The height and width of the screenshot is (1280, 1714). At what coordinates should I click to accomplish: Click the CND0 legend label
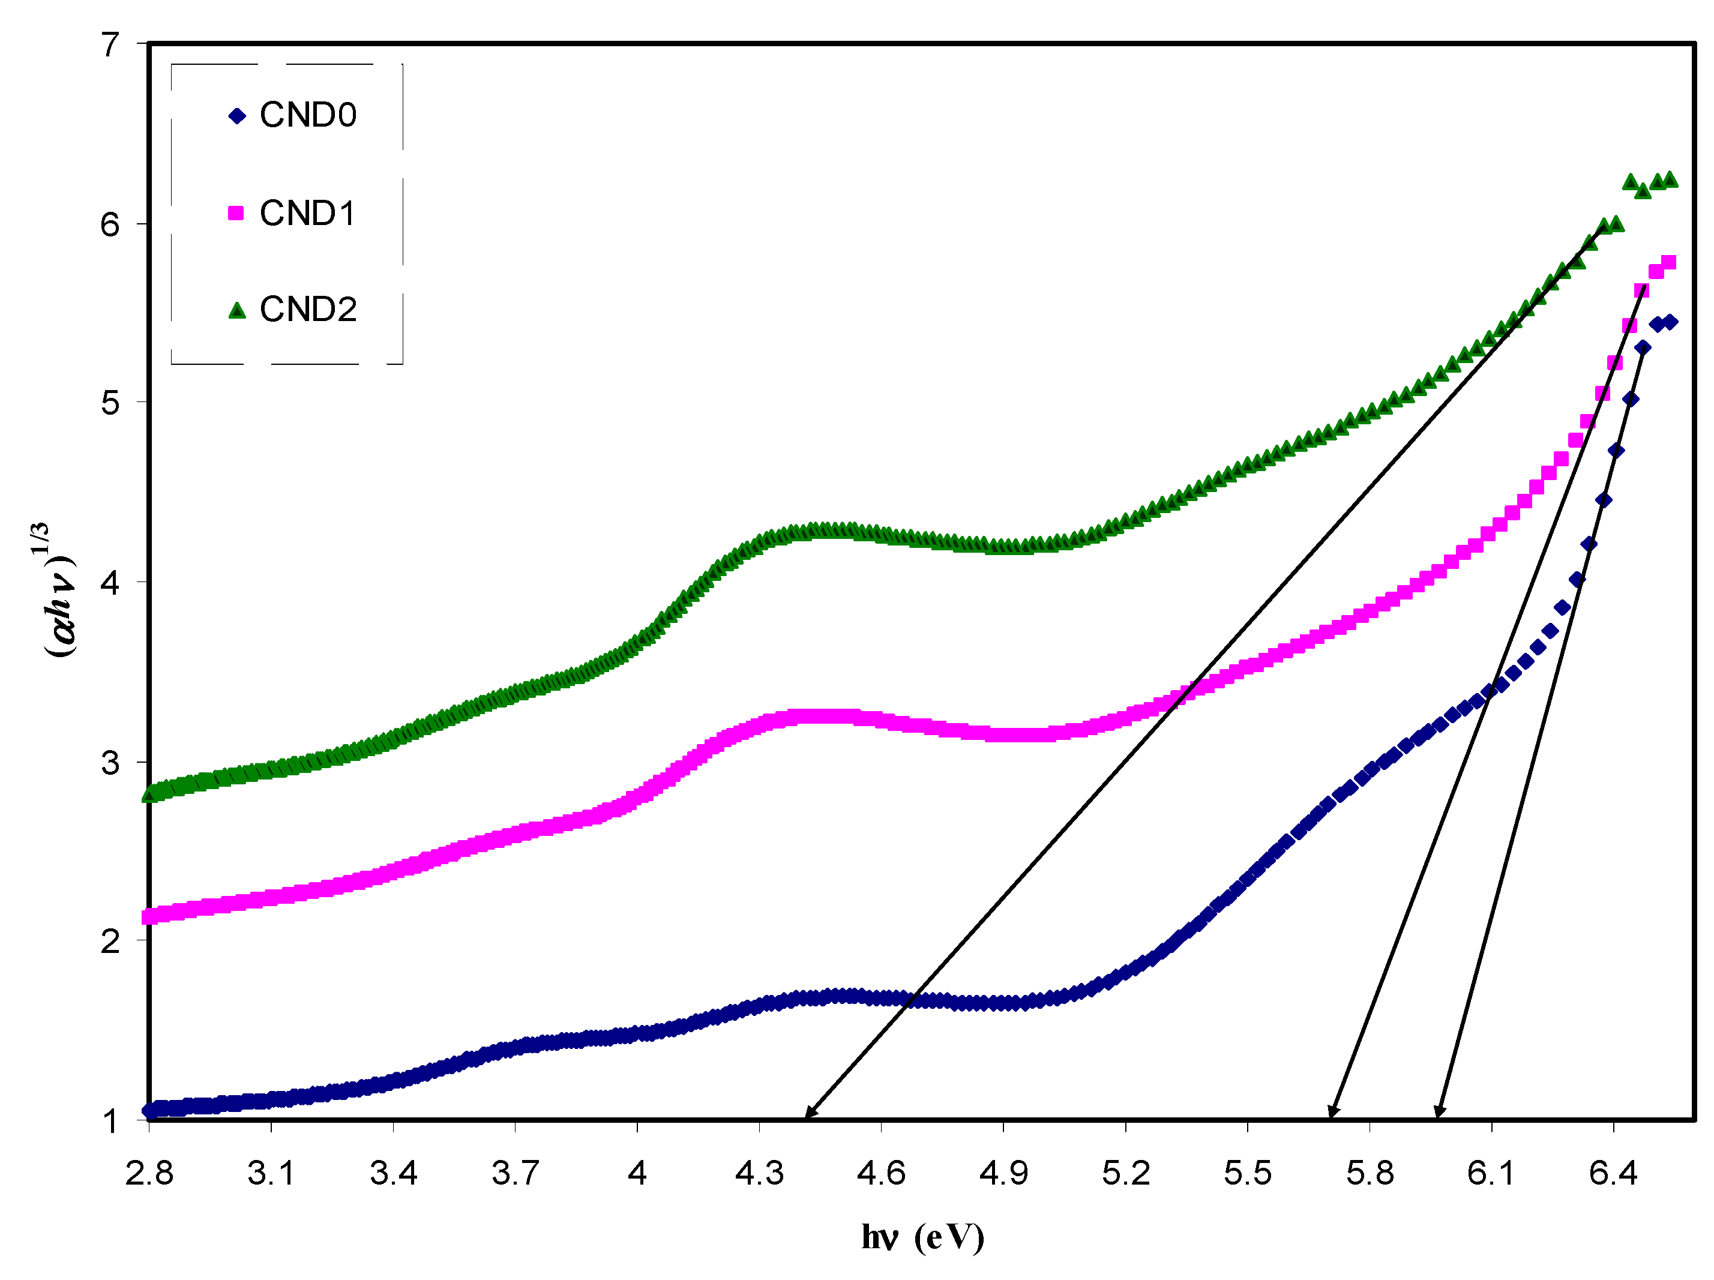point(308,115)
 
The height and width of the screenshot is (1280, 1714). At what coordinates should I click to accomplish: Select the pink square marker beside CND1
point(236,212)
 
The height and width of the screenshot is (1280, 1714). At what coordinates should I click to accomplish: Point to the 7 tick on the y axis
point(111,45)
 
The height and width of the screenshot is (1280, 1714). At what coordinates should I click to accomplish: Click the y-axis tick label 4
point(111,582)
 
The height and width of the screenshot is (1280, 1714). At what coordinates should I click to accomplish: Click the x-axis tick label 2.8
point(149,1174)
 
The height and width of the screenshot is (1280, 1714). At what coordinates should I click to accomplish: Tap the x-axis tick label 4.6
point(881,1174)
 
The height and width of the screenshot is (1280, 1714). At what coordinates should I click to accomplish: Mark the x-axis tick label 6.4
point(1613,1174)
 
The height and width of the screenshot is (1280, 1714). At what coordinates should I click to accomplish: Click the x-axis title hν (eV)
point(922,1237)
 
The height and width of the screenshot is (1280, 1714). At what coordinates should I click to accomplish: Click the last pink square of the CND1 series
point(1669,263)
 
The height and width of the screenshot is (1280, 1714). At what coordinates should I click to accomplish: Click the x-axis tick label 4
point(637,1174)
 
